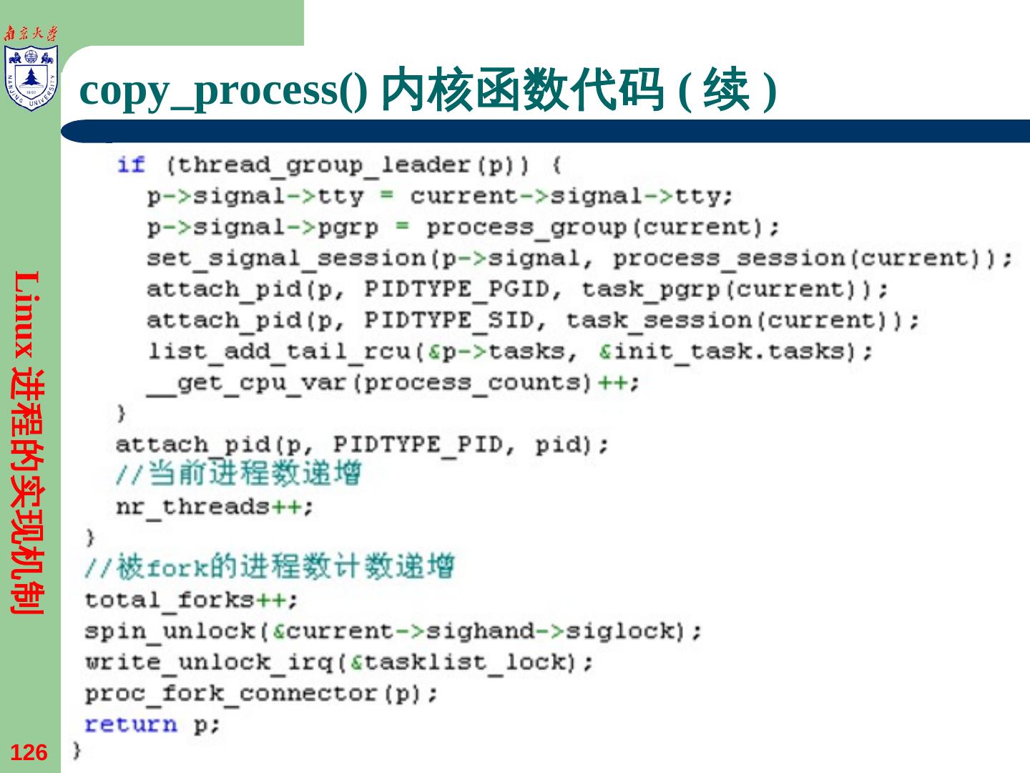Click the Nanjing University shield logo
click(x=30, y=77)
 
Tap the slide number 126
click(x=29, y=753)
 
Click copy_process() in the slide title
click(x=223, y=91)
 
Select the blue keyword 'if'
click(x=131, y=165)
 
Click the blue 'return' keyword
click(x=131, y=724)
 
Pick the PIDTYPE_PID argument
click(x=417, y=444)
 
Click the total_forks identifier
click(x=169, y=600)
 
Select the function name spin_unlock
click(x=169, y=631)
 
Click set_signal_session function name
click(x=285, y=258)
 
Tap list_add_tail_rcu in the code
click(x=278, y=351)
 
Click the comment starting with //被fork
click(x=269, y=567)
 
